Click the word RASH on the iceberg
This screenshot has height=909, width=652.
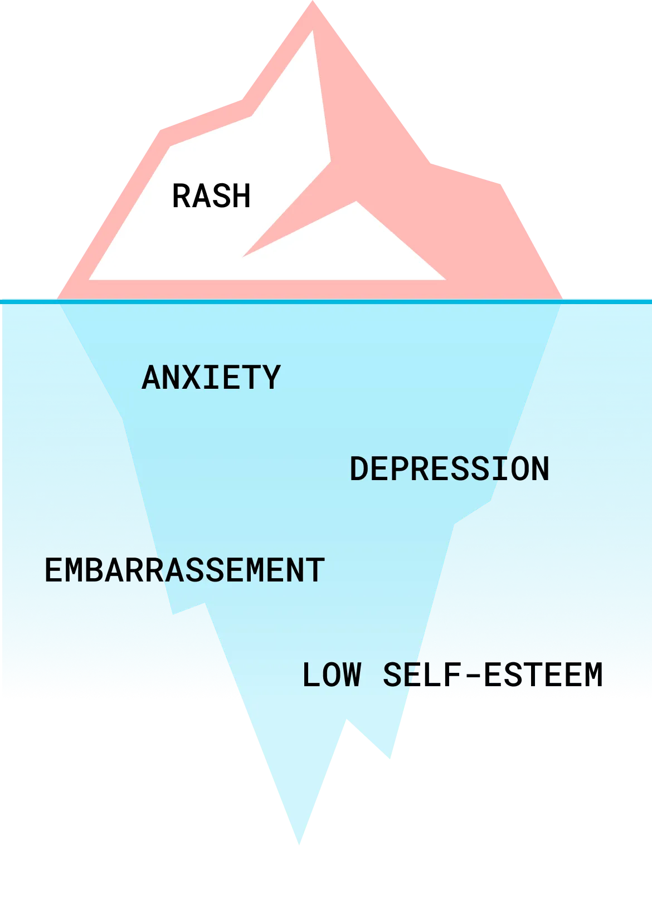[211, 196]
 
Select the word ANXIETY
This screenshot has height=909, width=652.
[211, 377]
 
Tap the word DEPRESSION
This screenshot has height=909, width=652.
[449, 469]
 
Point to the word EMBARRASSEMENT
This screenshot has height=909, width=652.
[184, 570]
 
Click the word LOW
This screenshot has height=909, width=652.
[332, 675]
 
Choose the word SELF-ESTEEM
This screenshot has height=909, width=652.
[493, 675]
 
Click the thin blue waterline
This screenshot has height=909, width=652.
[326, 302]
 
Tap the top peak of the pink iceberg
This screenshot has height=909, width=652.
[313, 1]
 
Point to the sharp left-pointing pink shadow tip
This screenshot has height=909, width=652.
[243, 256]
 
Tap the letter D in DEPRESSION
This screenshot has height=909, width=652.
[359, 469]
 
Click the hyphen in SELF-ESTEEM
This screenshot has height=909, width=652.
[473, 676]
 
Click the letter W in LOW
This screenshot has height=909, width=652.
[352, 675]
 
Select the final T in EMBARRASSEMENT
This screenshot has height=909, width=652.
[316, 570]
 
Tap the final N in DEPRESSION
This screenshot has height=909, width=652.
[541, 469]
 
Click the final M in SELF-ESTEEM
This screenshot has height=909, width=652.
[594, 675]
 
